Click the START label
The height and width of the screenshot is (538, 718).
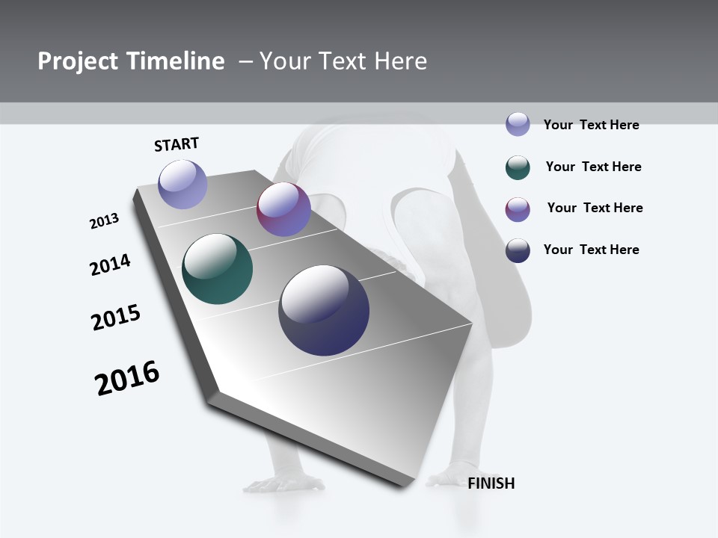click(x=177, y=144)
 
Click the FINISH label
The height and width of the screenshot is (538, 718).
click(x=491, y=483)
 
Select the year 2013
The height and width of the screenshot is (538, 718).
click(x=104, y=221)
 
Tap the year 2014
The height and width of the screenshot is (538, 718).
click(x=110, y=265)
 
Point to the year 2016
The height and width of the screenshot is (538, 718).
click(x=127, y=378)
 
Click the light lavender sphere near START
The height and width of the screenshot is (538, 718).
click(x=182, y=184)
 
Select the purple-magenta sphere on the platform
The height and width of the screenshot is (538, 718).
click(x=283, y=209)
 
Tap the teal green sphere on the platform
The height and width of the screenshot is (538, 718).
click(x=217, y=269)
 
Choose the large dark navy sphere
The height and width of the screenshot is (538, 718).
click(x=324, y=310)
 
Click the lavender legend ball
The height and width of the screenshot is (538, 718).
click(x=518, y=124)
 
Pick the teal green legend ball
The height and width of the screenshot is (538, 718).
click(x=518, y=167)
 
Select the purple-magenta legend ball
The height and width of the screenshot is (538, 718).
click(x=518, y=209)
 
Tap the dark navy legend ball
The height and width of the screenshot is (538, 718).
click(x=518, y=250)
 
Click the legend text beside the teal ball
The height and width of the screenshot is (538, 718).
click(x=593, y=167)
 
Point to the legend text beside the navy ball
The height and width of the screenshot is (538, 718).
click(x=591, y=250)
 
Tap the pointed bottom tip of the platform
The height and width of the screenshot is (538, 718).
click(x=404, y=486)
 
